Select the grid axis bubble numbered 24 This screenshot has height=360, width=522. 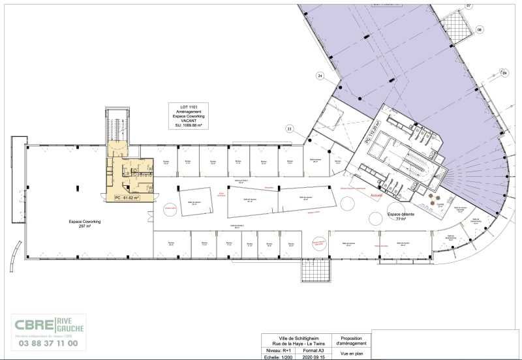[320, 76]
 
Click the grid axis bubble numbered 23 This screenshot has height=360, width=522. [289, 128]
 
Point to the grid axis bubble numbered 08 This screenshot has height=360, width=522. [480, 29]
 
